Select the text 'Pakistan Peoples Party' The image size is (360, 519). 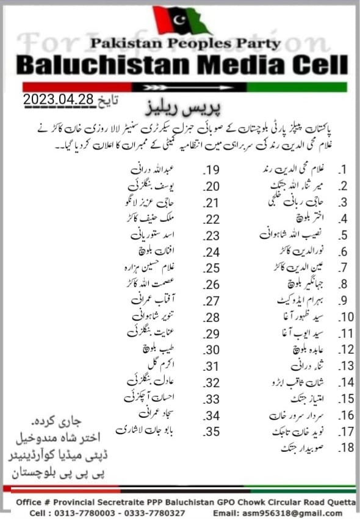pyautogui.click(x=185, y=43)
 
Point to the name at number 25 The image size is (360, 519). pyautogui.click(x=150, y=267)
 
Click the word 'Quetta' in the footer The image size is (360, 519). pyautogui.click(x=340, y=502)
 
